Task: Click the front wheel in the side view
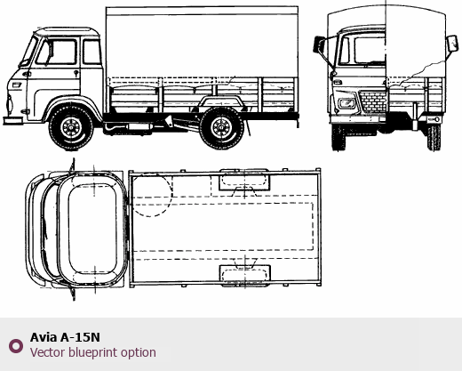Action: pos(71,128)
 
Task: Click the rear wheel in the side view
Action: pos(221,128)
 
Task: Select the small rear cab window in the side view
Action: pos(92,52)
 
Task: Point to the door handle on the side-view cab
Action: pos(76,73)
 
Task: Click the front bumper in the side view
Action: pos(13,120)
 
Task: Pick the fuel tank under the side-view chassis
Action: pos(139,127)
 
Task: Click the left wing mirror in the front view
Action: pos(320,44)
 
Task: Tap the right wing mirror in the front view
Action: pos(452,44)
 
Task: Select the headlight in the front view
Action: pos(347,103)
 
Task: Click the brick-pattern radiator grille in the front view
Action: pos(372,101)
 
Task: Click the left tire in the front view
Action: pos(339,137)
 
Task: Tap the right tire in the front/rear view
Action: pos(434,138)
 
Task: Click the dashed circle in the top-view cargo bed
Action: pos(151,195)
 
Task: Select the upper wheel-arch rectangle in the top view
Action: pos(244,181)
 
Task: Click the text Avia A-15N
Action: pos(65,337)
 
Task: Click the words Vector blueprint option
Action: pos(93,352)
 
